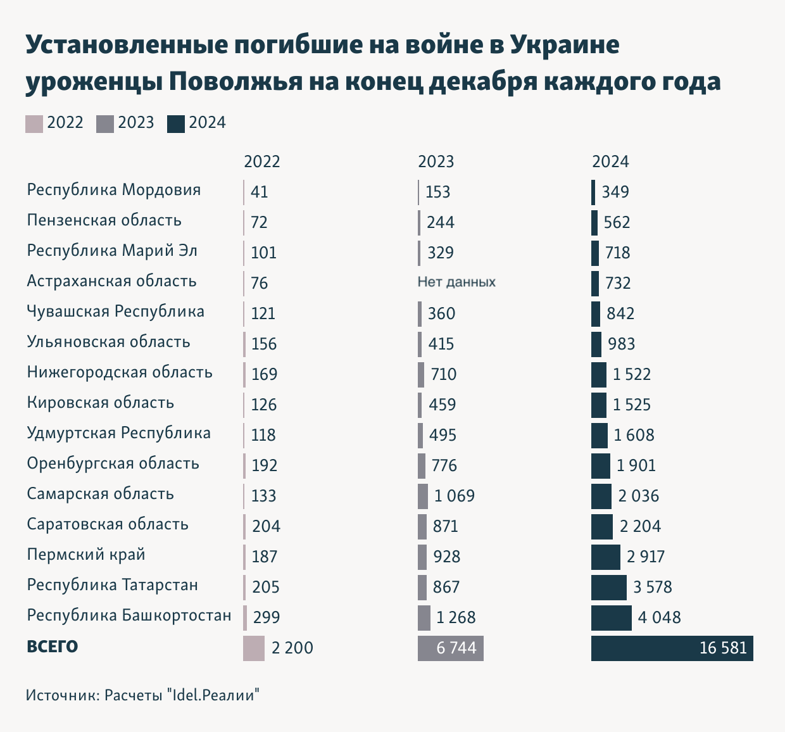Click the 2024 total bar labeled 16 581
[x=672, y=648]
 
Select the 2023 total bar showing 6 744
[x=450, y=648]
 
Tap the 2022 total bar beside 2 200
[x=253, y=648]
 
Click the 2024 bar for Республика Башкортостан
[x=611, y=618]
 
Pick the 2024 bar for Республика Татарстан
[x=608, y=588]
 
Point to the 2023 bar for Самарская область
[x=423, y=496]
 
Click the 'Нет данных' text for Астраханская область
[x=456, y=282]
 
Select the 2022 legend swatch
[x=34, y=123]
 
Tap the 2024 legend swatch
[x=176, y=123]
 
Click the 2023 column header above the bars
[x=436, y=161]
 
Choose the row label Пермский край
[x=86, y=555]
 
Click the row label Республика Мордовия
[x=114, y=190]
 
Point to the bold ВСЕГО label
[x=52, y=647]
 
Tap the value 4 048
[x=659, y=617]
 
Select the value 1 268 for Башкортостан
[x=456, y=617]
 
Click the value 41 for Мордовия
[x=260, y=192]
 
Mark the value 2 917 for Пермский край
[x=646, y=557]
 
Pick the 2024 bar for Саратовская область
[x=601, y=527]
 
